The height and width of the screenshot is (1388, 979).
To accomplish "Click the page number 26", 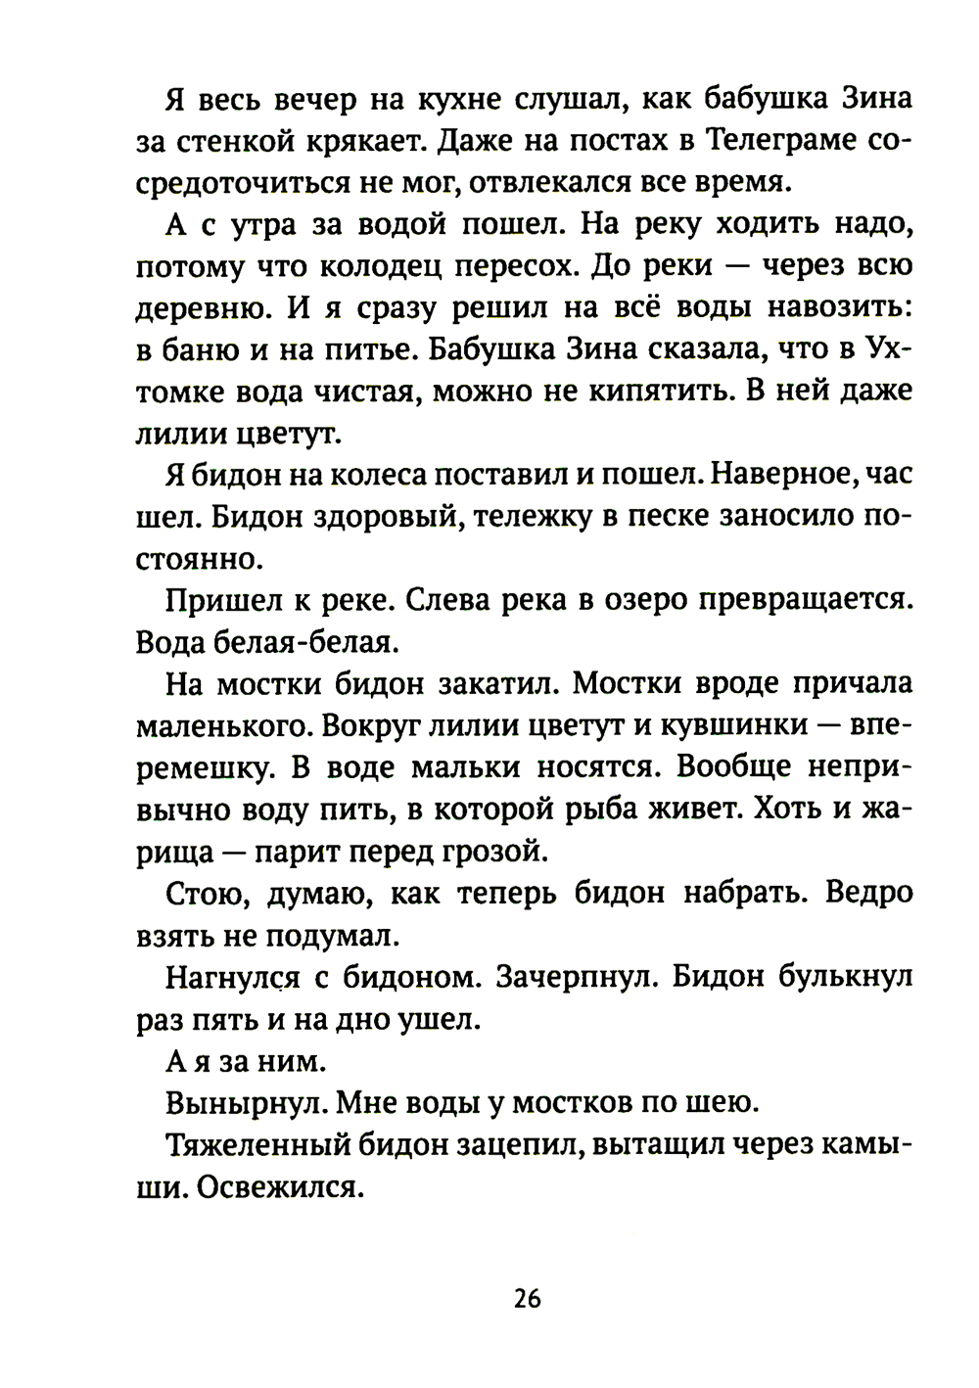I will [x=526, y=1299].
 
